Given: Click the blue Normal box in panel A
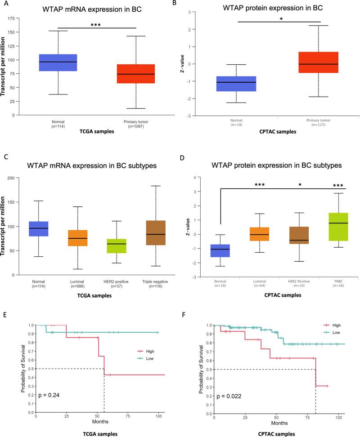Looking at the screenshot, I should pyautogui.click(x=58, y=56).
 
